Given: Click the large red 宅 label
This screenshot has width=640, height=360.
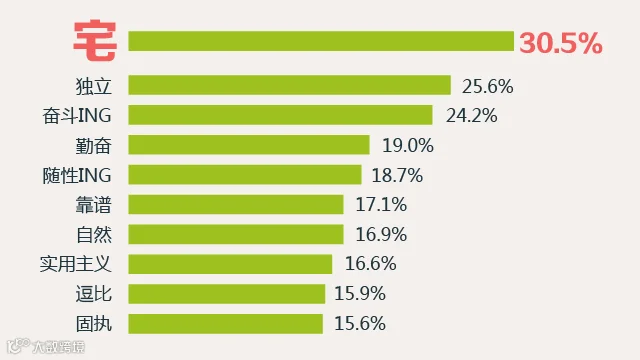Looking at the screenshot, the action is point(95,40).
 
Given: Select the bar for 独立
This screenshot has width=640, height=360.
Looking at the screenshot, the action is point(289,85).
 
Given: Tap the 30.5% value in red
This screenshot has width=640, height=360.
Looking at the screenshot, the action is point(560,43).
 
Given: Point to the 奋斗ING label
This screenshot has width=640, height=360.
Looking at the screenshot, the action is point(77,116).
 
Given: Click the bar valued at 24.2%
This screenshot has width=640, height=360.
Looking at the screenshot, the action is point(280,115).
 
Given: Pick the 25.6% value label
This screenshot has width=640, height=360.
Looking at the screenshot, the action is point(487,86).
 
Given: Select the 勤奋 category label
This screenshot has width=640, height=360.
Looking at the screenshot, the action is point(93,146).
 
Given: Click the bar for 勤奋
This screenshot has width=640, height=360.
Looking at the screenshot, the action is point(249,144).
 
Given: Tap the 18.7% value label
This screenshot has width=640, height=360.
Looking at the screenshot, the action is point(397,176).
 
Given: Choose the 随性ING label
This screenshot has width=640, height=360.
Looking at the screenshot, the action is point(77,176).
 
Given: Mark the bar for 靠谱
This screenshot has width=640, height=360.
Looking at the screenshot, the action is point(236,204).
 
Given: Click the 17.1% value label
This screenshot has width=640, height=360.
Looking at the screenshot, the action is point(381,204).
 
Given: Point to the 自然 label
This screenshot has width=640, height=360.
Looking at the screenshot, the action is point(93,235).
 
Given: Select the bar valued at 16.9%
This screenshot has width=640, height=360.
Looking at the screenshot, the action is point(236,234).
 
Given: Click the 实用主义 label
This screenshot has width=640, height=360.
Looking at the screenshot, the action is point(76,264).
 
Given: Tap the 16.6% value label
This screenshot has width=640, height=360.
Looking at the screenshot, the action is point(370,264).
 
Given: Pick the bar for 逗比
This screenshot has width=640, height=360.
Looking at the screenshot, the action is point(227,294).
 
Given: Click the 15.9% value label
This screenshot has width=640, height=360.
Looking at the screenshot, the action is point(360,293).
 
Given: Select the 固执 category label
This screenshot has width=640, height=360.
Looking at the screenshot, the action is point(93,324).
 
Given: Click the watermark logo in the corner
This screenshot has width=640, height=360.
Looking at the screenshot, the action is point(46,347).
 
